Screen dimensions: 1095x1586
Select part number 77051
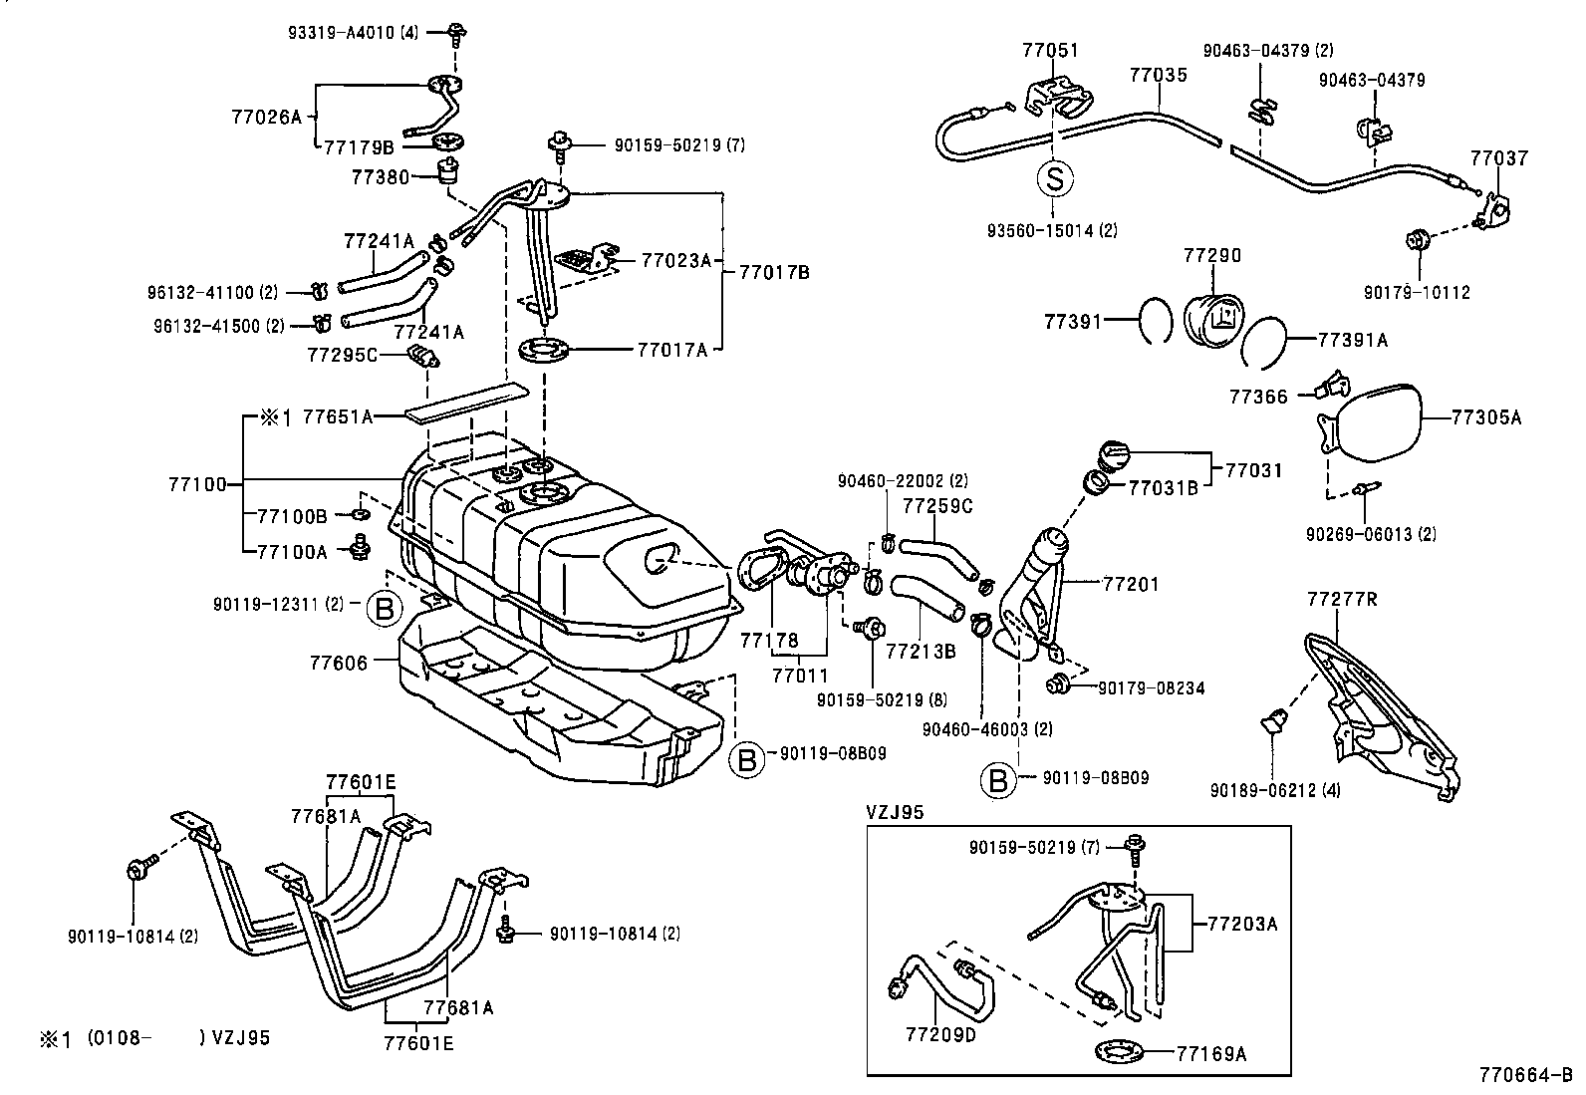pos(1050,50)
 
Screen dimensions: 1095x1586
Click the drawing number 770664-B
pos(1525,1075)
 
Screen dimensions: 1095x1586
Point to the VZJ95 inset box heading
pos(894,812)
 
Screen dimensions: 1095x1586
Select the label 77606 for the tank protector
pos(339,662)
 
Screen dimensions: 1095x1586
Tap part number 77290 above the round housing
pos(1212,256)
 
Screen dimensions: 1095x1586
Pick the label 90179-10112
pos(1417,293)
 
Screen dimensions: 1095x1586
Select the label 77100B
pos(292,516)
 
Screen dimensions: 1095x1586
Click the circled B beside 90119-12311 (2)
pos(385,608)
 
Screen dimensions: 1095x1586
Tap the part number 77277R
pos(1342,599)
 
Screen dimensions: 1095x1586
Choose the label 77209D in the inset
pos(940,1035)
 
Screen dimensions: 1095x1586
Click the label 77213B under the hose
pos(921,652)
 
